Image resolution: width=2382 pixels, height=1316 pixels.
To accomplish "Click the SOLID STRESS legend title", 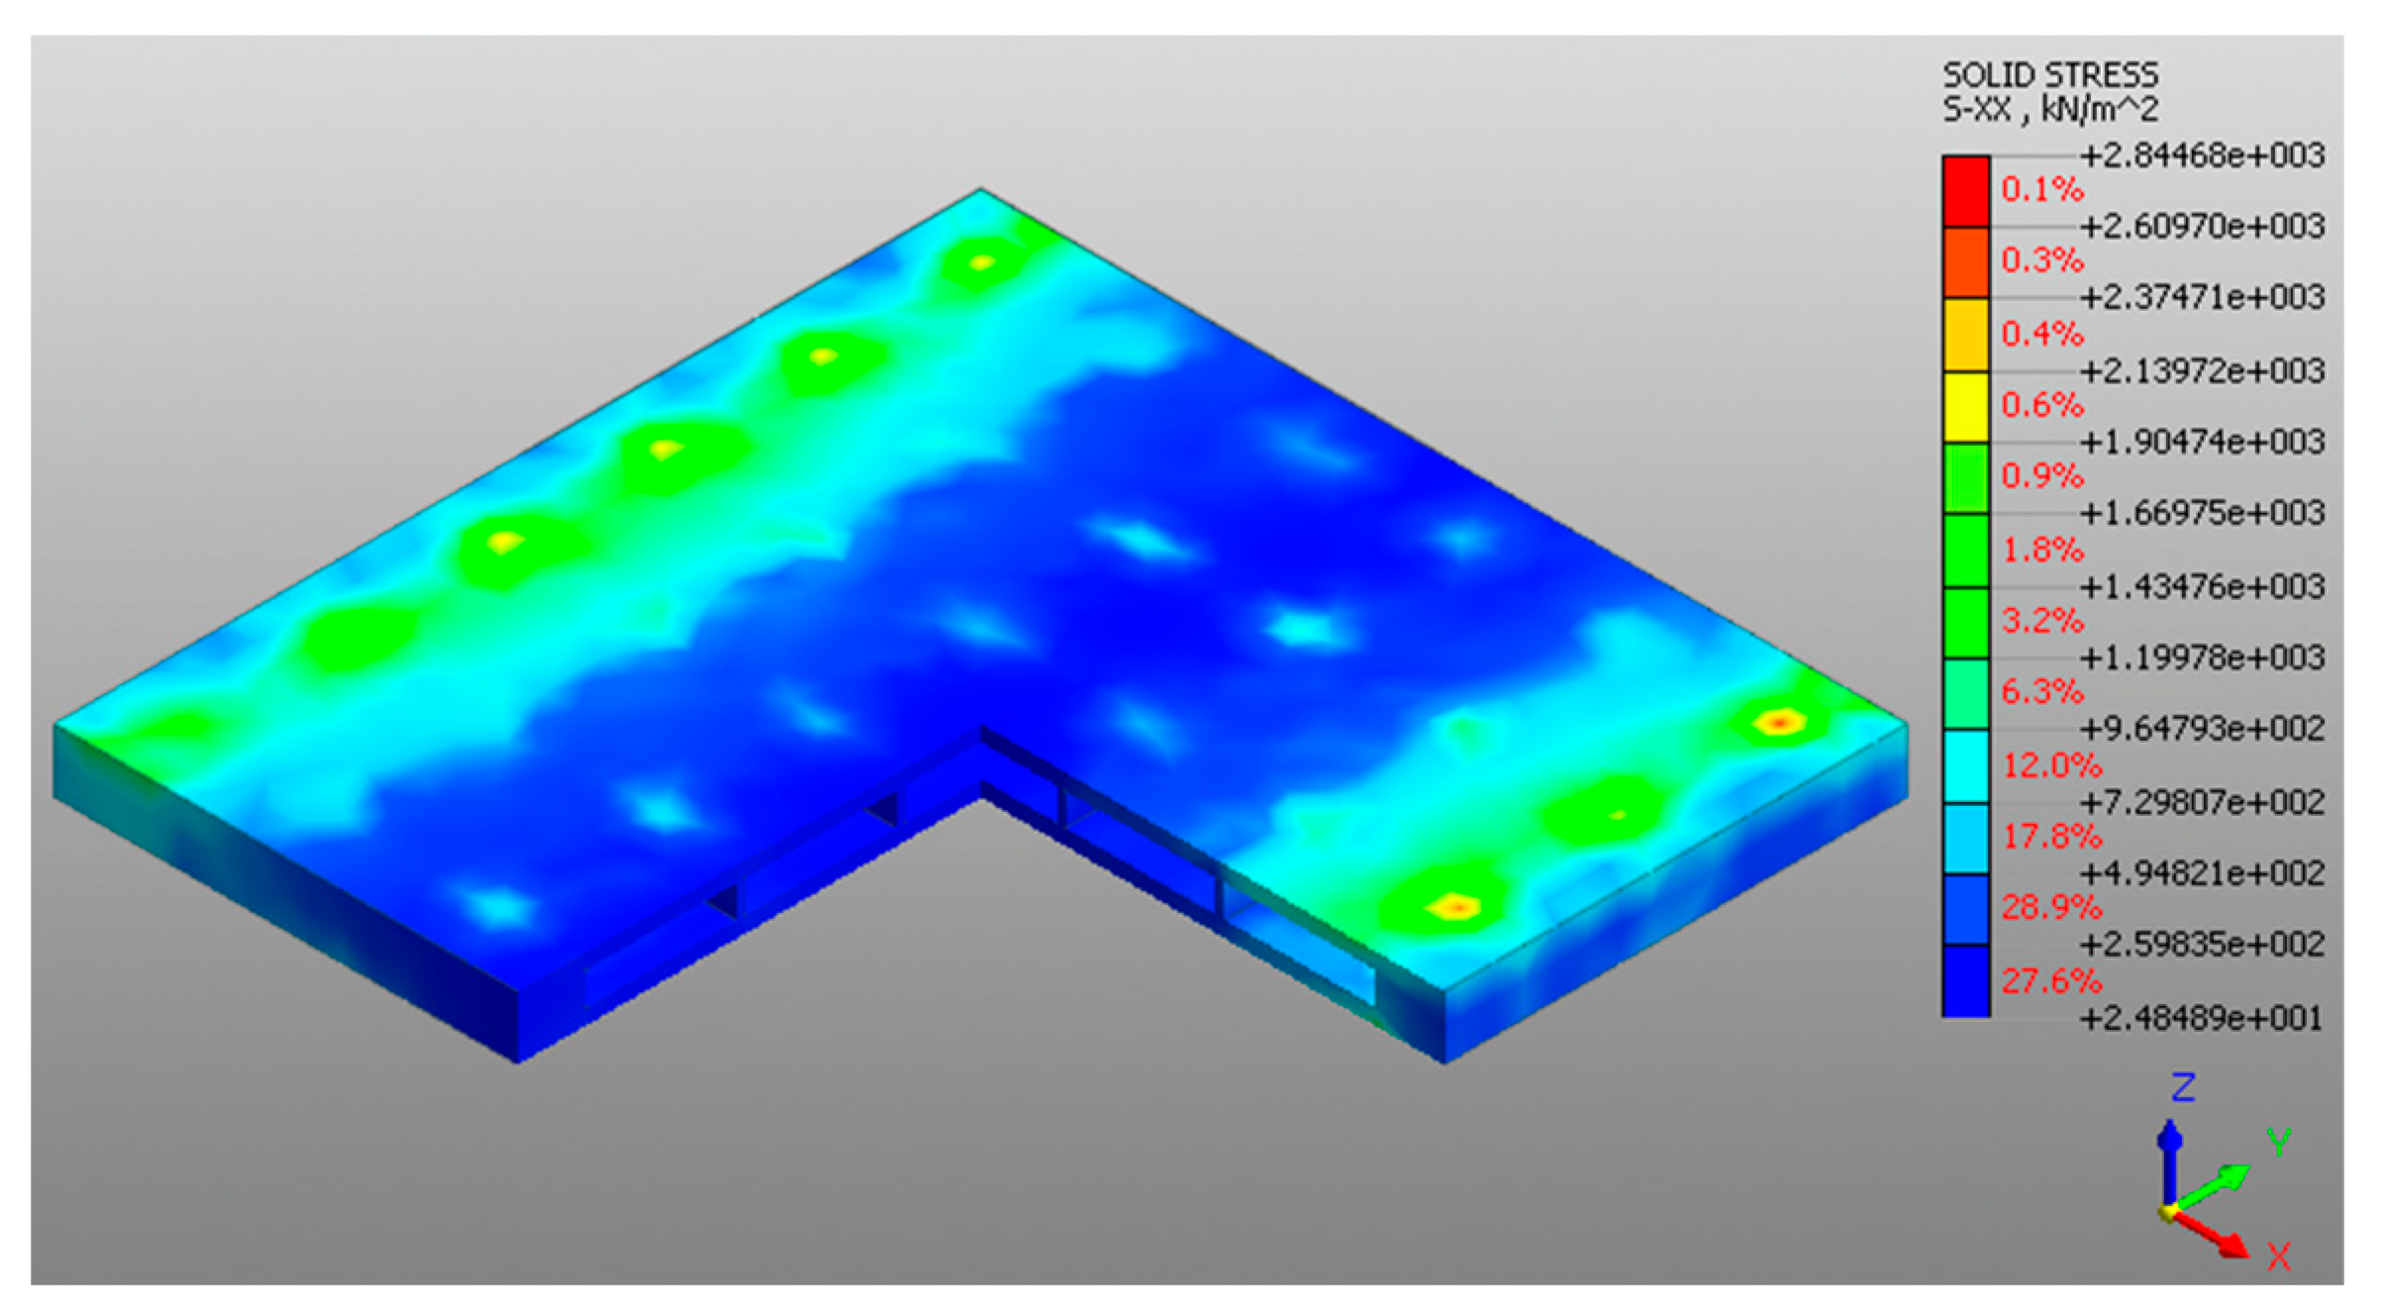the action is tap(2049, 75).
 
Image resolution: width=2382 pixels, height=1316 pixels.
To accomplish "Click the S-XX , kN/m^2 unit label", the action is tap(2049, 110).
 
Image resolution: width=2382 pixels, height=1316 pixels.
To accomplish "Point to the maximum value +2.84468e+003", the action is tap(2202, 155).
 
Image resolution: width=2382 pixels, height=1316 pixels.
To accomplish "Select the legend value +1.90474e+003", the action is tap(2202, 441).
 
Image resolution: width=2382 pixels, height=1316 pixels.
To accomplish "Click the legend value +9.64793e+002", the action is tap(2202, 729).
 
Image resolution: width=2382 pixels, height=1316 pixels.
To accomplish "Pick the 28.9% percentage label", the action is tap(2050, 907).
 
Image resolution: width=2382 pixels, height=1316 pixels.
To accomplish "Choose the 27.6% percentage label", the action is tap(2050, 981).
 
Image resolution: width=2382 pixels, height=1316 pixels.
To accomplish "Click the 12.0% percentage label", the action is tap(2050, 764).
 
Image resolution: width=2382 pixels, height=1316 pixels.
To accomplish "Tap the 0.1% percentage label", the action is tap(2042, 189).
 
